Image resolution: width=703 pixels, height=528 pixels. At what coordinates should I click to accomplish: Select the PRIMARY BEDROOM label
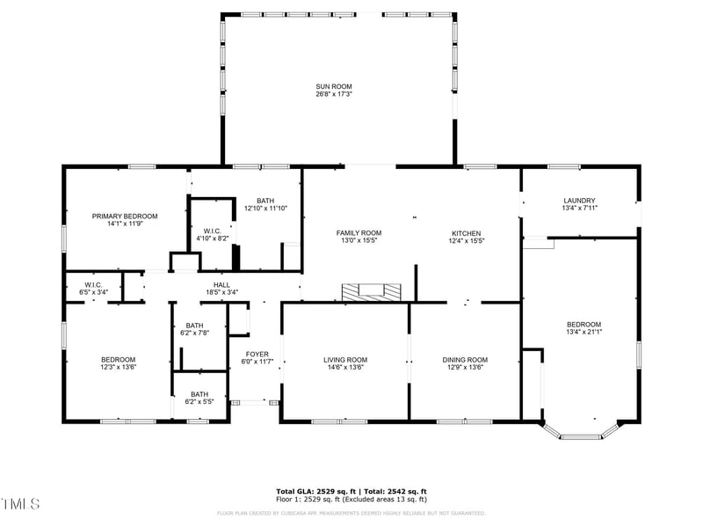[x=125, y=216]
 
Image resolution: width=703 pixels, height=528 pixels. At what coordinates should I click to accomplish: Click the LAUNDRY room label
[x=579, y=200]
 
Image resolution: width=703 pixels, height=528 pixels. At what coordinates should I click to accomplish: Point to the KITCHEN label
[x=466, y=232]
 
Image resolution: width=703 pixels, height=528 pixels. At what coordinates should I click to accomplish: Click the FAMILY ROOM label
[x=359, y=232]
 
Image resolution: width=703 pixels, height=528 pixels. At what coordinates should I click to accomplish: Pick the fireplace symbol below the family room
[x=371, y=291]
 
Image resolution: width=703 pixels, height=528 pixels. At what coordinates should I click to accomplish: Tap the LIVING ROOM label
[x=345, y=359]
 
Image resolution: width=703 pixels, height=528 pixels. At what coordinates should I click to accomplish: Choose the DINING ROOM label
[x=464, y=359]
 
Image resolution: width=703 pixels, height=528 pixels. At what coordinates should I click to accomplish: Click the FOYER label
[x=258, y=354]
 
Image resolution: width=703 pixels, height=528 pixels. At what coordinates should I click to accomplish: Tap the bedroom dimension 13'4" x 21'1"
[x=583, y=332]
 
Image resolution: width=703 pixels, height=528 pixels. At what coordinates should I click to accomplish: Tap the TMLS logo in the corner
[x=20, y=503]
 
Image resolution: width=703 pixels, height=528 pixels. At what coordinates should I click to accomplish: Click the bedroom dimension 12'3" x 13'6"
[x=118, y=367]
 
